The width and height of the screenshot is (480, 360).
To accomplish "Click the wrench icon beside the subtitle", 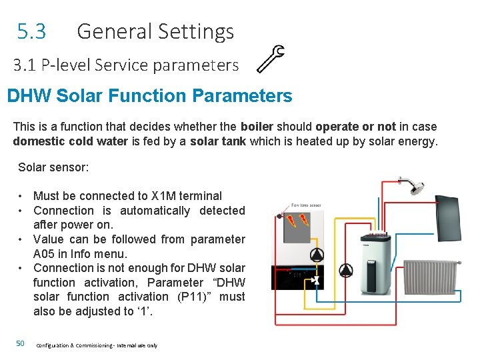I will click(271, 58).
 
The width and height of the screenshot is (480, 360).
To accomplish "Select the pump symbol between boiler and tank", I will click(347, 270).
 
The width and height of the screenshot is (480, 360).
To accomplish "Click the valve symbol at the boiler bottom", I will click(317, 281).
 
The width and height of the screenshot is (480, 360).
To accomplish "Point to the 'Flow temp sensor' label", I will click(306, 205).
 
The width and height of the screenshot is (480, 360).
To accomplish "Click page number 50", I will click(20, 343).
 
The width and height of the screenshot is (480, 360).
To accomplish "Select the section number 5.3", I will click(32, 31).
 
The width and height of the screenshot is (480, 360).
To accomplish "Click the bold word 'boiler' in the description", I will click(257, 127).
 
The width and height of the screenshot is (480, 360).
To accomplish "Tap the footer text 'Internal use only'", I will click(138, 345).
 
